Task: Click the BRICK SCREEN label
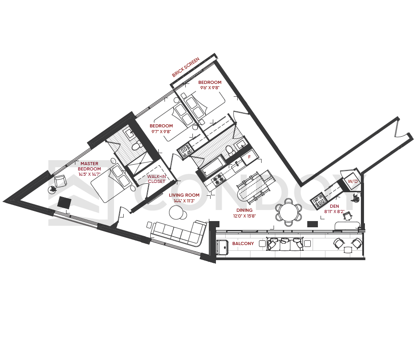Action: pyautogui.click(x=185, y=67)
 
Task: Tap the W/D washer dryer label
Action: pyautogui.click(x=352, y=182)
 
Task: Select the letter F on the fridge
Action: pyautogui.click(x=249, y=157)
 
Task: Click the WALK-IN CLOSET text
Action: pyautogui.click(x=157, y=179)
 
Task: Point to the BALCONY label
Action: pyautogui.click(x=243, y=243)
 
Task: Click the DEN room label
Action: pyautogui.click(x=334, y=206)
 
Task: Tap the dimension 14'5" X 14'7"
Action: pyautogui.click(x=89, y=174)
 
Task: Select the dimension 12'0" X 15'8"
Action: pyautogui.click(x=244, y=216)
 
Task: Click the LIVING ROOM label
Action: pyautogui.click(x=184, y=195)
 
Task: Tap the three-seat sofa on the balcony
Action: pyautogui.click(x=285, y=244)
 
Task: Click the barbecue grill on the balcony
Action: pyautogui.click(x=222, y=247)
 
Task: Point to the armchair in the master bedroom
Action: pyautogui.click(x=60, y=182)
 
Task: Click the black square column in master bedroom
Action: pyautogui.click(x=64, y=203)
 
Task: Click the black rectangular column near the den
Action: pyautogui.click(x=312, y=224)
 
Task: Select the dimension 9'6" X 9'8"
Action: pyautogui.click(x=210, y=88)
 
